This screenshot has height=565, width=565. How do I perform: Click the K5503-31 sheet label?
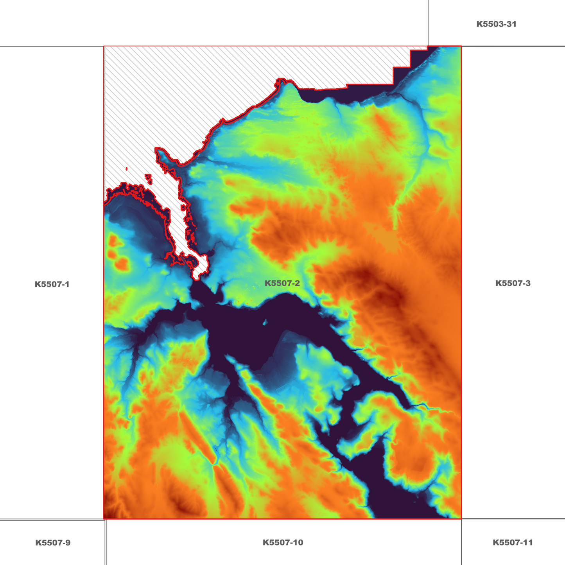click(496, 24)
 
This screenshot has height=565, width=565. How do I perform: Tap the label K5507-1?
click(52, 284)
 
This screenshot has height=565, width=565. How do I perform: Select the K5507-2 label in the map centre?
click(282, 283)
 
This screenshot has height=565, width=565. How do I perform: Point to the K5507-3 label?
click(513, 283)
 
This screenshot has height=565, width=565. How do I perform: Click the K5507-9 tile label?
click(53, 543)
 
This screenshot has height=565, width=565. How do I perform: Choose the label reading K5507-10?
click(283, 543)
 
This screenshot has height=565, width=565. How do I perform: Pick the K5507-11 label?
click(513, 543)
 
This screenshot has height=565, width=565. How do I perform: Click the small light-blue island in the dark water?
click(265, 323)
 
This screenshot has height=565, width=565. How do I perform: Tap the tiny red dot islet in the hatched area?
click(127, 169)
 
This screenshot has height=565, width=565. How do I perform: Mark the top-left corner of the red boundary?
click(104, 47)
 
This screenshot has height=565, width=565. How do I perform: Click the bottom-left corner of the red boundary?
click(104, 519)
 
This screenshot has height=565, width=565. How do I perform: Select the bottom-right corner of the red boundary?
click(461, 519)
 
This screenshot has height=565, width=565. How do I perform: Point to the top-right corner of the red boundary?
click(461, 47)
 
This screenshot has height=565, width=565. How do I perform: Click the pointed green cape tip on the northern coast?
click(289, 82)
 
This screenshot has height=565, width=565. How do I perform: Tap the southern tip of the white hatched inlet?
click(197, 278)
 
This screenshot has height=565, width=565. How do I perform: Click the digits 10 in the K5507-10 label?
click(298, 543)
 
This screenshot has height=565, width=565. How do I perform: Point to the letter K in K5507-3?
click(498, 283)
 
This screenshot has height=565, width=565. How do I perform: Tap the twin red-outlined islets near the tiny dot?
click(149, 178)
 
